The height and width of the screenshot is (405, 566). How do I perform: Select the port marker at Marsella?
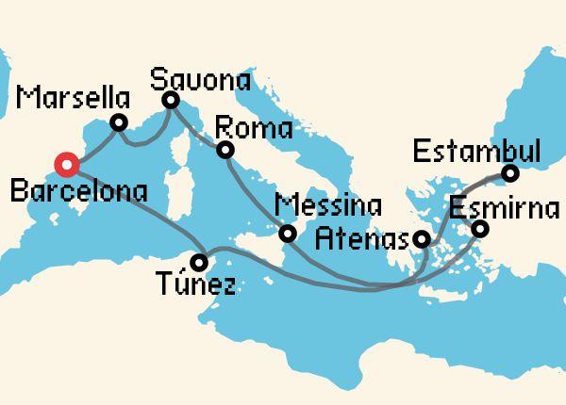tap(119, 122)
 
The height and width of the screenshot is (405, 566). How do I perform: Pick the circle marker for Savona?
tap(171, 100)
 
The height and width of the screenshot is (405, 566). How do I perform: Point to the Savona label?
tap(205, 76)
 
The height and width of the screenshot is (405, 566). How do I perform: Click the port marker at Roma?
tap(225, 151)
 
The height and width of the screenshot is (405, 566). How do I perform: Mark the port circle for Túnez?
tap(199, 261)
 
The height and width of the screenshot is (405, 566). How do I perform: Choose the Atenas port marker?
tap(424, 239)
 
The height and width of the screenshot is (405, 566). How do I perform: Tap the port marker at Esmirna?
tap(480, 229)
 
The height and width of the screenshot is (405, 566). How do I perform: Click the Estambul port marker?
tap(510, 174)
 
